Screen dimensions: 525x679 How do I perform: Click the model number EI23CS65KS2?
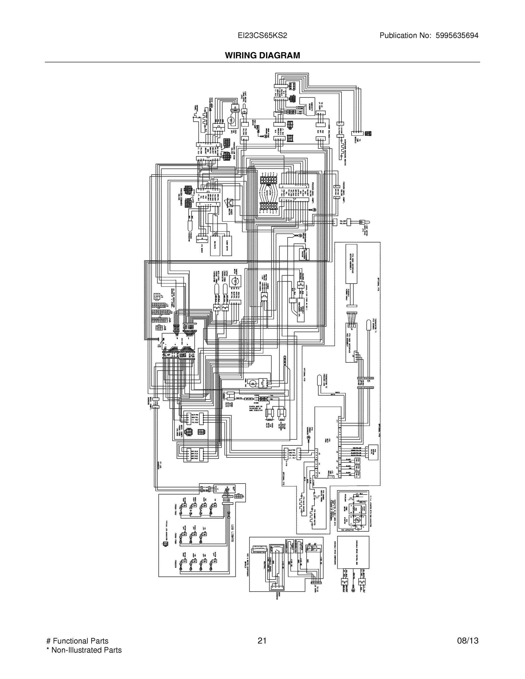pyautogui.click(x=262, y=36)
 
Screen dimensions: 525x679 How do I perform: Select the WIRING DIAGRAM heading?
pyautogui.click(x=262, y=55)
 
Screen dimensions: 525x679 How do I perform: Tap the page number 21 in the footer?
pyautogui.click(x=262, y=641)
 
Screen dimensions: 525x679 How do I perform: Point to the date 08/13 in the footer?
pyautogui.click(x=468, y=641)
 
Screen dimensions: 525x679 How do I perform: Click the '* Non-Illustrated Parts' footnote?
pyautogui.click(x=84, y=650)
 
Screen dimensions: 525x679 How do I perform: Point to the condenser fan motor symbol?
pyautogui.click(x=253, y=383)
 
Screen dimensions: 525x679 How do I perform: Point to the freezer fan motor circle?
pyautogui.click(x=230, y=120)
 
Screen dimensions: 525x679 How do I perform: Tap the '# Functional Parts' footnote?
pyautogui.click(x=77, y=641)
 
